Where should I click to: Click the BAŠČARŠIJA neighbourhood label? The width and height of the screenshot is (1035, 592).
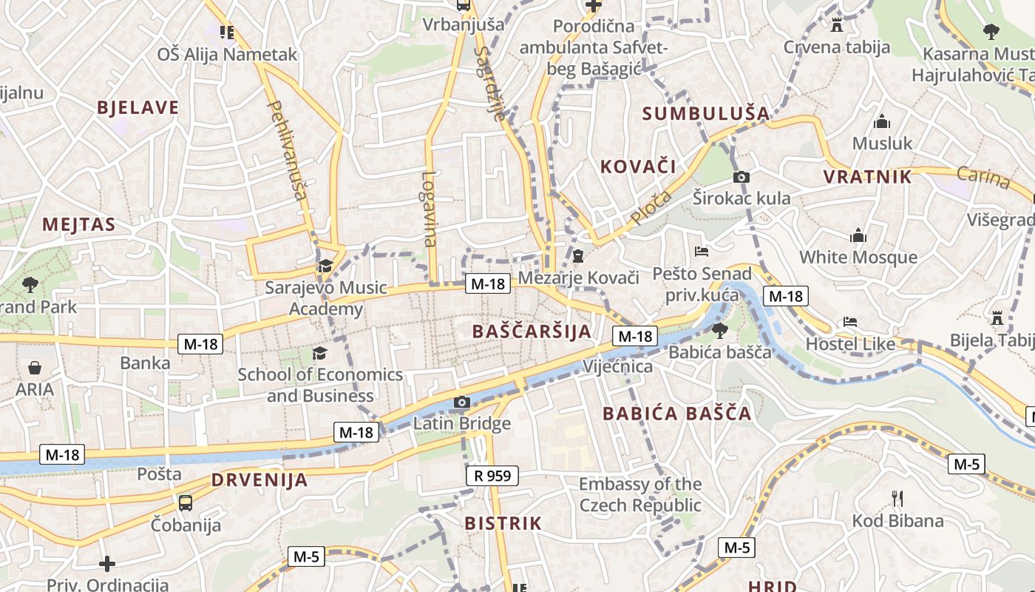(x=532, y=331)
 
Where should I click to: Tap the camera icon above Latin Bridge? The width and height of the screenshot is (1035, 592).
(x=462, y=403)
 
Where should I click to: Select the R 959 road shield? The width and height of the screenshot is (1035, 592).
(x=492, y=476)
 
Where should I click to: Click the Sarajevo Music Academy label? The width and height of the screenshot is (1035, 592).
(x=326, y=298)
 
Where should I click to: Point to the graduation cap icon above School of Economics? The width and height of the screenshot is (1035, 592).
(x=319, y=353)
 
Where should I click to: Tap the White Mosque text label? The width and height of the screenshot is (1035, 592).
(x=858, y=258)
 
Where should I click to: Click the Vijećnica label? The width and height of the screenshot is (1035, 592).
(x=618, y=366)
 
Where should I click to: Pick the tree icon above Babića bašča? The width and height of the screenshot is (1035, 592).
(x=719, y=330)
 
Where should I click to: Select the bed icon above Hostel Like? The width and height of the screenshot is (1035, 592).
(x=851, y=322)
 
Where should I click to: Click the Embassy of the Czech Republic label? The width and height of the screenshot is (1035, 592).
(x=640, y=494)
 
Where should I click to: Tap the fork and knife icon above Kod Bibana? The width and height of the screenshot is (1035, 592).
(x=897, y=498)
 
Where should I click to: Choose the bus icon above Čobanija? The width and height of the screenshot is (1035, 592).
(x=186, y=503)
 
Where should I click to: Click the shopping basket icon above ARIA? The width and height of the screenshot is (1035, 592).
(x=34, y=368)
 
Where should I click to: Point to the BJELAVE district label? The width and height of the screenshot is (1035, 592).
(x=138, y=108)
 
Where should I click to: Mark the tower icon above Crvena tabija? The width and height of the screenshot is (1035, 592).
(x=837, y=25)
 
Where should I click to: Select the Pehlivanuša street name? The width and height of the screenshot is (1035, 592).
(x=286, y=151)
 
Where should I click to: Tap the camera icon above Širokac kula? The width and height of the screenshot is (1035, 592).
(x=742, y=177)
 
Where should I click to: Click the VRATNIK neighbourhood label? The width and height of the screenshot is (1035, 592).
(x=868, y=177)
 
